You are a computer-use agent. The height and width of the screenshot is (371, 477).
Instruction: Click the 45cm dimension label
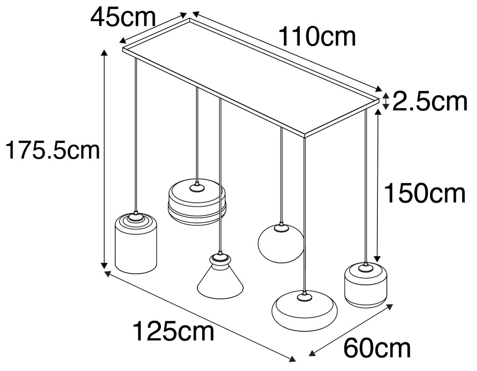click(123, 17)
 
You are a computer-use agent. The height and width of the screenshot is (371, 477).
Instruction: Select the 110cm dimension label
click(317, 37)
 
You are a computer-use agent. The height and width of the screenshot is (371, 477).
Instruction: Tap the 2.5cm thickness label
click(429, 102)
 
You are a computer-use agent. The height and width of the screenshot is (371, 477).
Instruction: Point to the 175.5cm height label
click(51, 151)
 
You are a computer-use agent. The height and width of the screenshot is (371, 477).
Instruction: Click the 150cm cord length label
click(425, 193)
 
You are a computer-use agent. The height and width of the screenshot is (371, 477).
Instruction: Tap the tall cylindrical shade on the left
click(136, 246)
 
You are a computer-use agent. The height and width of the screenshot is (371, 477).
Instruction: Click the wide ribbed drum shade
click(197, 202)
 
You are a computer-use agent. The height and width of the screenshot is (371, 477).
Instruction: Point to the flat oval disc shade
click(304, 310)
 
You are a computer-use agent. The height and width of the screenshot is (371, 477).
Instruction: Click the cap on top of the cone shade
click(218, 258)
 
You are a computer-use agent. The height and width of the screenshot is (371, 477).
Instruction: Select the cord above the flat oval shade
click(304, 211)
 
